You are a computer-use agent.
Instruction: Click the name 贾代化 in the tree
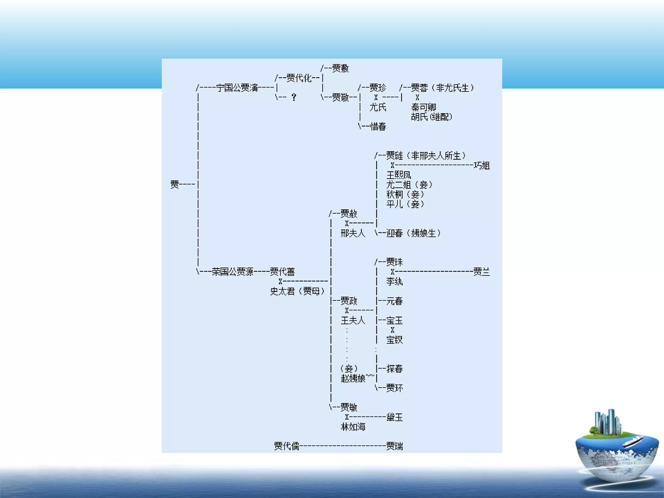tap(299, 78)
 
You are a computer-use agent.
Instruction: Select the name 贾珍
tap(378, 88)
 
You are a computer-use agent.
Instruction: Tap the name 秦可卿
tap(423, 107)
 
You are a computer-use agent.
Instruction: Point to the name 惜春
tap(378, 126)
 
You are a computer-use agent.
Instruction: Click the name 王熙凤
tap(399, 175)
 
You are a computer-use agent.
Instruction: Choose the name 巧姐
tap(482, 166)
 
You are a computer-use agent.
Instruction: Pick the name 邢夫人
tap(353, 233)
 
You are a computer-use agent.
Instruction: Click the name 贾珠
tap(395, 262)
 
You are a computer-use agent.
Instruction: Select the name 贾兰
tap(482, 272)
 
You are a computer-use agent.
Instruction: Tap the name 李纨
tap(395, 281)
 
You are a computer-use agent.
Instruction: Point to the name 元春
tap(395, 301)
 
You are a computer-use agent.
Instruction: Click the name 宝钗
tap(395, 340)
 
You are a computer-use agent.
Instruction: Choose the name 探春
tap(395, 369)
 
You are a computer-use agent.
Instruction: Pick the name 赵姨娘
tap(353, 378)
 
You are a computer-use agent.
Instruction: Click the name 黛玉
tap(395, 417)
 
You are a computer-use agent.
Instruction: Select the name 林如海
tap(353, 427)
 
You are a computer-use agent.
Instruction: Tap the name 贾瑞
tap(395, 446)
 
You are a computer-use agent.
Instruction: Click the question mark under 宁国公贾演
tap(294, 97)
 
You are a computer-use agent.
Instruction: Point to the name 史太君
tap(282, 291)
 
